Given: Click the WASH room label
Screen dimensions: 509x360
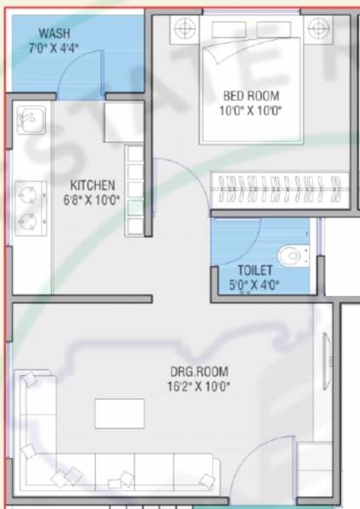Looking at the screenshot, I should pyautogui.click(x=54, y=33).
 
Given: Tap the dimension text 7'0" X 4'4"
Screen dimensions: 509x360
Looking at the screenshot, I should pyautogui.click(x=54, y=48).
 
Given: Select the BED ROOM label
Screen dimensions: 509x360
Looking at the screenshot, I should pyautogui.click(x=250, y=96).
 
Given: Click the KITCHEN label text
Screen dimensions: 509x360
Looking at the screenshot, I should pyautogui.click(x=93, y=186).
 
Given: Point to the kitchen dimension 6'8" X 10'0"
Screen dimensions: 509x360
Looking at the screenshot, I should pyautogui.click(x=93, y=201).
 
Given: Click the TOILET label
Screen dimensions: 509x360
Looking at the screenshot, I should pyautogui.click(x=255, y=271).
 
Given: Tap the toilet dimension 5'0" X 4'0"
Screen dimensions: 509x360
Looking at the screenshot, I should pyautogui.click(x=255, y=285).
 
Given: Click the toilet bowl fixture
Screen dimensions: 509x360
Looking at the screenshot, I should pyautogui.click(x=292, y=254).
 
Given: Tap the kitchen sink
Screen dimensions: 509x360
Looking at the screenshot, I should pyautogui.click(x=30, y=122).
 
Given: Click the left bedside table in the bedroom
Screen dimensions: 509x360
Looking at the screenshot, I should pyautogui.click(x=183, y=30).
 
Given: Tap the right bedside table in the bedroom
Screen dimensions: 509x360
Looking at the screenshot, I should pyautogui.click(x=318, y=30).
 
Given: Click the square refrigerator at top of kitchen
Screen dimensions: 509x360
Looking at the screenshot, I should pyautogui.click(x=123, y=122).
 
